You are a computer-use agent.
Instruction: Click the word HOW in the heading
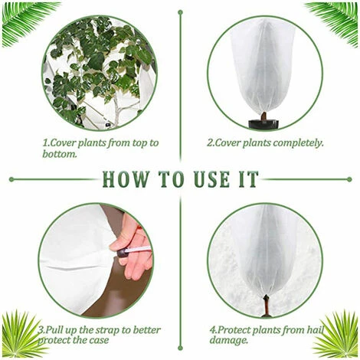click(x=128, y=179)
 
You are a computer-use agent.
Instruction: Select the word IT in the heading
click(x=244, y=179)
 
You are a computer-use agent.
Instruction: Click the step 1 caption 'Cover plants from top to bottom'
click(x=100, y=148)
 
